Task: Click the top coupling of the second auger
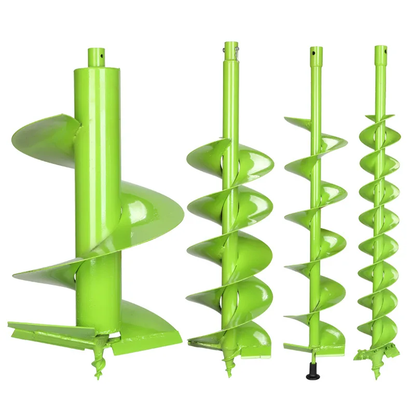(231, 52)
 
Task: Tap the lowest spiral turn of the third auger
(316, 332)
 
